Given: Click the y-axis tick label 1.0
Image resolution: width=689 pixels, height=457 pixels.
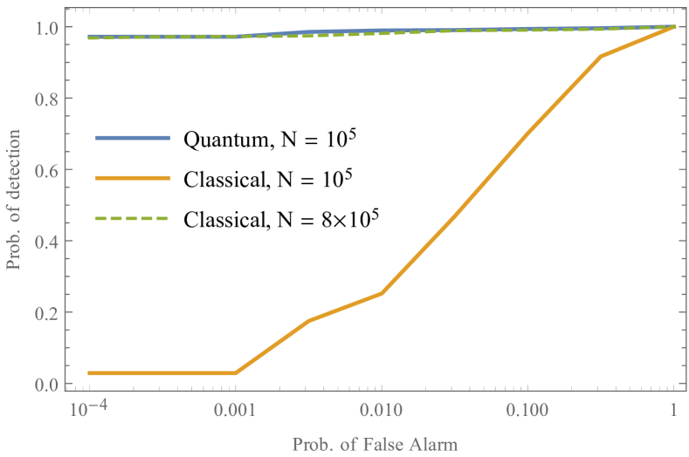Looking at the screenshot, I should point(48,28).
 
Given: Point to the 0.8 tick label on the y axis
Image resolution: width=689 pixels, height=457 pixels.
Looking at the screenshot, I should point(48,99).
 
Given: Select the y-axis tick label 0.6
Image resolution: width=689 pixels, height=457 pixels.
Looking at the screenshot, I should point(48,170).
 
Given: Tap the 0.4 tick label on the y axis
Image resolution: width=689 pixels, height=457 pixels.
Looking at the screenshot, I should point(48,242).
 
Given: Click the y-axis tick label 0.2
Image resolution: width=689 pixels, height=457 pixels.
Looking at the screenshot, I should point(48,312).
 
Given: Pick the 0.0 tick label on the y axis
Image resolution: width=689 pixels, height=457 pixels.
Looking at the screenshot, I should point(48,384).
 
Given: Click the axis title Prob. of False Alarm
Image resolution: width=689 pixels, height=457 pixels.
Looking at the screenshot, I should point(375,444).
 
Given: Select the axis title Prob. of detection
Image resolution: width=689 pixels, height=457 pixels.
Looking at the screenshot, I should point(15,206).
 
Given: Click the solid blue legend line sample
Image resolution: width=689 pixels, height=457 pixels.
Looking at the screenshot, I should point(133,138).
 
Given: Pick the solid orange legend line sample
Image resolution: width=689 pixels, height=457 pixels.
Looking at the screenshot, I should point(133,178).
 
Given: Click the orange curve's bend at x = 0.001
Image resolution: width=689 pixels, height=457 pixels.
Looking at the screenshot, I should point(235,373).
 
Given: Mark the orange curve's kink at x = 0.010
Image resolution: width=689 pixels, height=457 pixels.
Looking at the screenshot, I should point(382,293).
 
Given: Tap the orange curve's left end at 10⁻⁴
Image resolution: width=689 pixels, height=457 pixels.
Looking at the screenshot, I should point(89,373).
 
